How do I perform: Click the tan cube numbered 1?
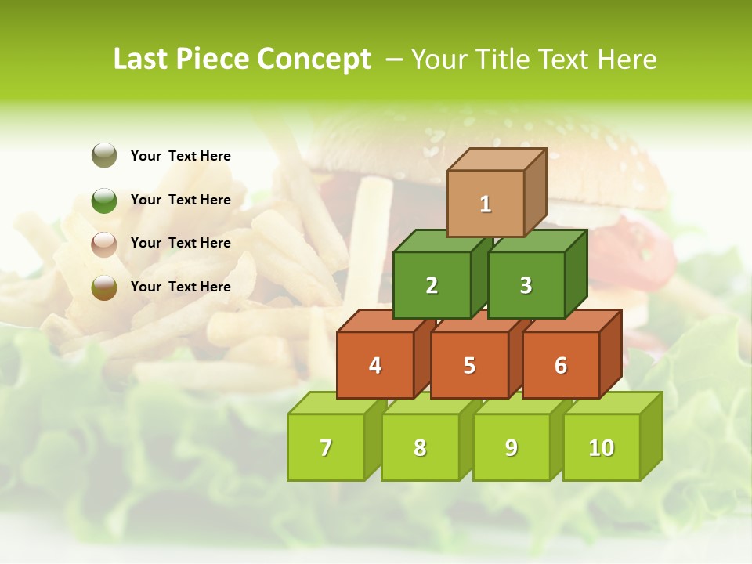(x=485, y=204)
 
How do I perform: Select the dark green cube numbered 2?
(x=432, y=285)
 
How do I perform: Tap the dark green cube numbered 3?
(x=526, y=285)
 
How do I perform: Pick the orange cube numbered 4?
(x=375, y=365)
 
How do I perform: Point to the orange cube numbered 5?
(x=469, y=365)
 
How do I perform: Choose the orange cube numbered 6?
(x=560, y=365)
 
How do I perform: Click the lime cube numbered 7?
(x=326, y=447)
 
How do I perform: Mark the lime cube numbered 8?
(x=420, y=447)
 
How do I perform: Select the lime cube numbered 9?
(x=511, y=447)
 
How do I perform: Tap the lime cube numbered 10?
(x=601, y=447)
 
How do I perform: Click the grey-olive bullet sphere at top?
(x=104, y=155)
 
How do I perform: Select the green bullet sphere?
(x=104, y=200)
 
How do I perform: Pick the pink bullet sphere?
(x=104, y=244)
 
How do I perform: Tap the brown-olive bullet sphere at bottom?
(x=104, y=287)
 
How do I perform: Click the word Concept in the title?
(x=314, y=59)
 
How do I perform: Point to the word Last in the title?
(x=142, y=59)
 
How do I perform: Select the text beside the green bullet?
(x=180, y=200)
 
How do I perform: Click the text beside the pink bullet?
(x=180, y=243)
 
